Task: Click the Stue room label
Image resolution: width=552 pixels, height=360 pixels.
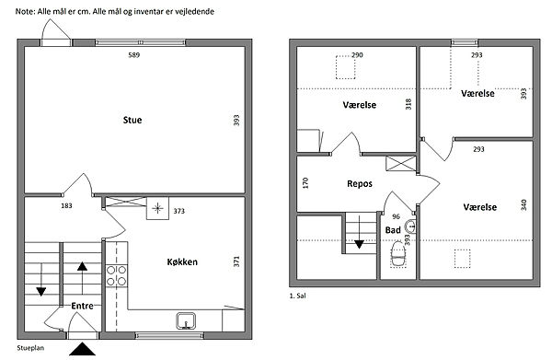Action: (132, 120)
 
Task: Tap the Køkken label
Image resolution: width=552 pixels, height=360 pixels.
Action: (182, 261)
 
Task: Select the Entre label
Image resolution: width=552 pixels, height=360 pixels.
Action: (83, 306)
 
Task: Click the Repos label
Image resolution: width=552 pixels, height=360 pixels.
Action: (360, 184)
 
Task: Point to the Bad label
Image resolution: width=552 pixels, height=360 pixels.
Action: (393, 230)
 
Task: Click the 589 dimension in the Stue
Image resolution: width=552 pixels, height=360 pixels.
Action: (133, 55)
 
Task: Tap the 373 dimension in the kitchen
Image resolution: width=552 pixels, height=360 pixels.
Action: (178, 211)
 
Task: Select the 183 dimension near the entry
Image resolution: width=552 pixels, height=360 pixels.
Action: (66, 205)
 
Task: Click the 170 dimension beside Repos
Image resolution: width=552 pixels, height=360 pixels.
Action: (305, 183)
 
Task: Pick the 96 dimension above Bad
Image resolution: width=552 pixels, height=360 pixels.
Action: (396, 216)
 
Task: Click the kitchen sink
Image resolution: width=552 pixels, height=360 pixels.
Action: (186, 320)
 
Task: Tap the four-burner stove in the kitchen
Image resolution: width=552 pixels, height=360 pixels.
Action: (117, 276)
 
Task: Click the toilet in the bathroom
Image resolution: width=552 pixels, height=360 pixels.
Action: (398, 254)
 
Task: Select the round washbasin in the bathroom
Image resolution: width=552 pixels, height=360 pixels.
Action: (410, 226)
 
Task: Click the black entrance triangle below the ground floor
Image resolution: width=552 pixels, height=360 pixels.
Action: (82, 349)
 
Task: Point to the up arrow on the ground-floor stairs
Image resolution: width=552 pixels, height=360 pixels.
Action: (82, 278)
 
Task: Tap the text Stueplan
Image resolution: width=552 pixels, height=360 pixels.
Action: (30, 348)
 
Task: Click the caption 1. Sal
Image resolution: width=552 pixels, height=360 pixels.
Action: (297, 296)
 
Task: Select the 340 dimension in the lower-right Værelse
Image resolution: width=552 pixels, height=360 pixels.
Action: (523, 205)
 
